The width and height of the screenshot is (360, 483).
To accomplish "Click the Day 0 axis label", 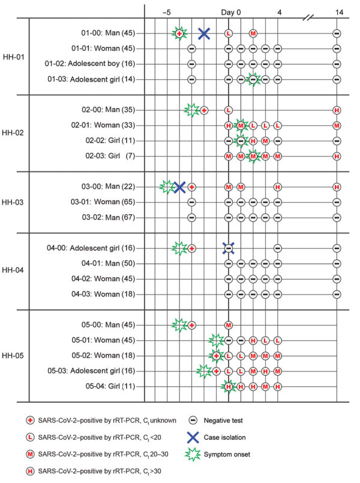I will point(231,11).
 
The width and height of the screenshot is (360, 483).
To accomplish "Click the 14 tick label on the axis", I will point(339,11).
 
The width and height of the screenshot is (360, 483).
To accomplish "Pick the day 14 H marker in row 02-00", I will point(337,110).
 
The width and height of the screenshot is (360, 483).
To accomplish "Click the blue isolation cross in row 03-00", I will point(179,187).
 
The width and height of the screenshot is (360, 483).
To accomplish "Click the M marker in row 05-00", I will point(229,325).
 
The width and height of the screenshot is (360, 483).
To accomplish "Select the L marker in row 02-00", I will point(229,110).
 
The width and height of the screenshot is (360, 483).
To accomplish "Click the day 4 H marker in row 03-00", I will point(277,187).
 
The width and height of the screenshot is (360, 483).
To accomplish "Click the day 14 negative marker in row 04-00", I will point(337,248).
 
